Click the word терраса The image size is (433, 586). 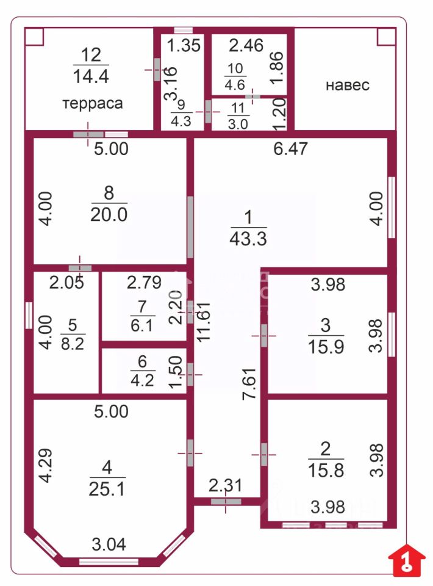pyautogui.click(x=92, y=104)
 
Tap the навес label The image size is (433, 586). pyautogui.click(x=348, y=85)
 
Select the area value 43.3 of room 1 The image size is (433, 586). pyautogui.click(x=248, y=239)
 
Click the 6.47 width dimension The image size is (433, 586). pyautogui.click(x=290, y=148)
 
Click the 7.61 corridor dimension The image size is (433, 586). pyautogui.click(x=249, y=384)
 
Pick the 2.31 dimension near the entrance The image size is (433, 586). pyautogui.click(x=226, y=485)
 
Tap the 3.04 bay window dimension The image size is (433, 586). pyautogui.click(x=109, y=544)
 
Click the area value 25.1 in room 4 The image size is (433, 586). pyautogui.click(x=107, y=488)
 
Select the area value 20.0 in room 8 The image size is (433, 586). pyautogui.click(x=109, y=214)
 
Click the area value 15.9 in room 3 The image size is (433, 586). pyautogui.click(x=326, y=347)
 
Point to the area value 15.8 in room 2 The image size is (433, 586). pyautogui.click(x=326, y=470)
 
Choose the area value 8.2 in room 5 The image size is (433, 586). pyautogui.click(x=73, y=343)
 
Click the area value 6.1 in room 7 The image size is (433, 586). pyautogui.click(x=141, y=325)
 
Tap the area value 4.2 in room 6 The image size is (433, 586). pyautogui.click(x=142, y=380)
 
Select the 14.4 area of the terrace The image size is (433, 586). pyautogui.click(x=91, y=76)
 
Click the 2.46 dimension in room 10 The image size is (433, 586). pyautogui.click(x=246, y=45)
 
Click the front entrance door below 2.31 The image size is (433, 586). pyautogui.click(x=226, y=502)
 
